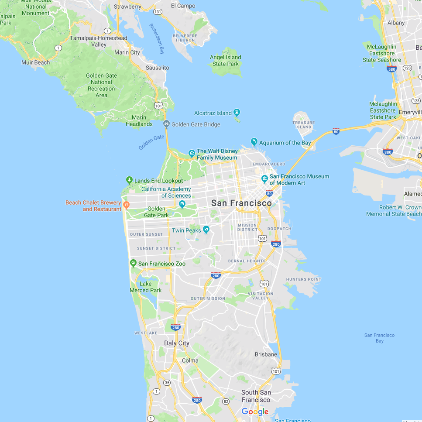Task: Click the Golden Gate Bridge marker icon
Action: click(166, 124)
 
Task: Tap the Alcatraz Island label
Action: click(212, 113)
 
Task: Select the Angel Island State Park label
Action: click(225, 60)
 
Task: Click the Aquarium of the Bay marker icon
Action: click(254, 142)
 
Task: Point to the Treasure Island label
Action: click(303, 125)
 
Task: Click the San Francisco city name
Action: click(241, 203)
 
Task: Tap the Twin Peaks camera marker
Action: click(206, 230)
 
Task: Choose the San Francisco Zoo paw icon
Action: click(133, 263)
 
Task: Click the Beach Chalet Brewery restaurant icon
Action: click(126, 204)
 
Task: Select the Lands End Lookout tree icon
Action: click(129, 180)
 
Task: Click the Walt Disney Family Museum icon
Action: click(192, 153)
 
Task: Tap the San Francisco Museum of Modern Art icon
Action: click(264, 178)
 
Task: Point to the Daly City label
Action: click(177, 343)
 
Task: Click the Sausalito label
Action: click(157, 68)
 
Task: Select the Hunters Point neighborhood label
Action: click(303, 279)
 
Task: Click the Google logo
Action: click(255, 412)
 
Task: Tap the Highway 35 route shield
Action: click(167, 383)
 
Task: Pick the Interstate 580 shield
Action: click(391, 69)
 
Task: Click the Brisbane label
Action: click(266, 354)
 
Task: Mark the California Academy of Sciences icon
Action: click(182, 204)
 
